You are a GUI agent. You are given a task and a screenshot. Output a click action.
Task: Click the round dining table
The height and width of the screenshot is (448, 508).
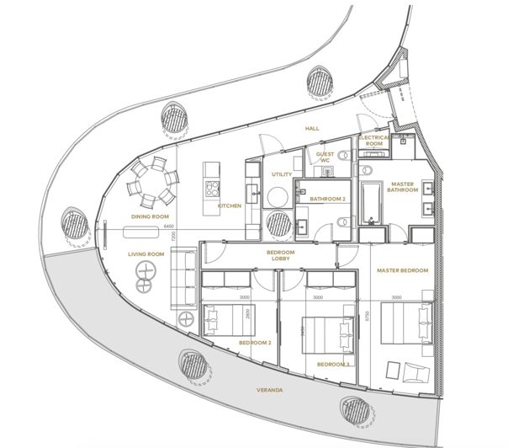153,180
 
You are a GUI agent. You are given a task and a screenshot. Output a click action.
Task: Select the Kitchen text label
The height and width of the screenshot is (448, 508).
230,205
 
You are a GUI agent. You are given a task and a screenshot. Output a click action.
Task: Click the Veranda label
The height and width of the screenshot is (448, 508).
269,391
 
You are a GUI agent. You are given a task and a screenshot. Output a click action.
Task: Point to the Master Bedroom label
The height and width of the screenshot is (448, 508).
403,270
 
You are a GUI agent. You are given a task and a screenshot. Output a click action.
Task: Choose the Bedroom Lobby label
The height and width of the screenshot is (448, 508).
280,254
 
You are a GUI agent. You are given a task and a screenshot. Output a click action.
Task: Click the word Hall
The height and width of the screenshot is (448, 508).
312,128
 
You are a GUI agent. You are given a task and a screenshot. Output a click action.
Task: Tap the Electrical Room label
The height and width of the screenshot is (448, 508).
375,141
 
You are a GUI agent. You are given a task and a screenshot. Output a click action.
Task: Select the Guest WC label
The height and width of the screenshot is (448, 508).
325,157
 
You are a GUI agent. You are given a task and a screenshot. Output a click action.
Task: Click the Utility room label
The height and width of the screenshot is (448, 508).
281,174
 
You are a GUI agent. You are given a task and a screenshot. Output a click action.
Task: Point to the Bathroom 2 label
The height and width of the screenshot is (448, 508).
328,199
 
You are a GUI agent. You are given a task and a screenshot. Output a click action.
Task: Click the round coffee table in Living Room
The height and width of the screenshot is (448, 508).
146,270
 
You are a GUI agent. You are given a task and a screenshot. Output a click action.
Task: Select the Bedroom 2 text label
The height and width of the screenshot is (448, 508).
254,344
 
